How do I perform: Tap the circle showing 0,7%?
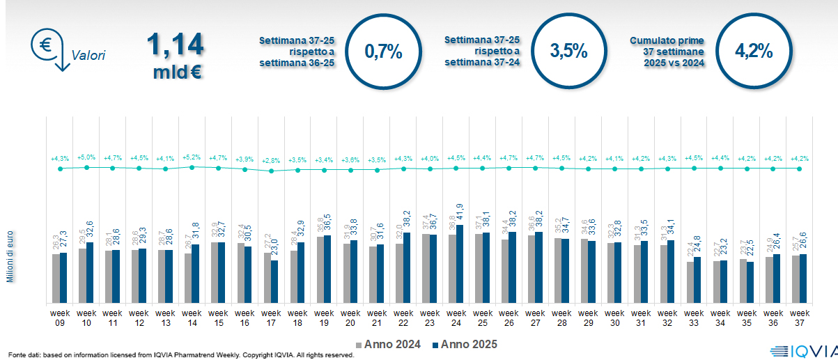click(x=383, y=51)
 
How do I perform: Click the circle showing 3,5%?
click(x=568, y=51)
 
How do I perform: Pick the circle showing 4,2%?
click(x=754, y=51)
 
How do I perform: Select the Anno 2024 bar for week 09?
click(x=56, y=279)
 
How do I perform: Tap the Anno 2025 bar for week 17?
click(x=274, y=281)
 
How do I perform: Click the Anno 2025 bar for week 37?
click(x=803, y=279)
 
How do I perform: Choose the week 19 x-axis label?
click(x=323, y=317)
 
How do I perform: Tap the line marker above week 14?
click(x=192, y=167)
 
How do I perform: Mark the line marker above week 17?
click(x=271, y=171)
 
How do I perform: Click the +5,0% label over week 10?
click(x=86, y=159)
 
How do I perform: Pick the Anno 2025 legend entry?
click(x=464, y=345)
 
